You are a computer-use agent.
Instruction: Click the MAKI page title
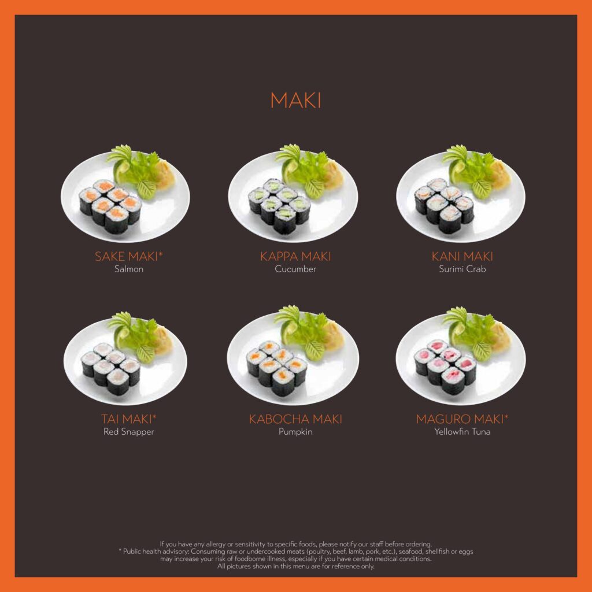295,101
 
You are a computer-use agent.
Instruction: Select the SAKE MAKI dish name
126,256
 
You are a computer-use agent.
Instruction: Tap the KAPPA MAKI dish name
295,256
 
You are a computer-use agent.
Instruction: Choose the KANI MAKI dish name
462,256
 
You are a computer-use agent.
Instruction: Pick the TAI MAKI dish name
127,419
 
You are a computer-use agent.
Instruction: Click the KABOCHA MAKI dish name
295,419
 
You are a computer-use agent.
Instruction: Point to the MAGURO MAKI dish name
460,419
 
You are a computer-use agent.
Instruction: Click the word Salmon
129,269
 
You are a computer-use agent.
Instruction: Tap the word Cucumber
295,269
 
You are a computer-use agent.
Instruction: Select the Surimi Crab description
462,269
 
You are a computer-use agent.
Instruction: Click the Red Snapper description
129,432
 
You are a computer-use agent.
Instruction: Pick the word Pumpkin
295,432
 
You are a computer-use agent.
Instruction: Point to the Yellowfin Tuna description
462,431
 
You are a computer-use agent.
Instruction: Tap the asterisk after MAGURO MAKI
506,416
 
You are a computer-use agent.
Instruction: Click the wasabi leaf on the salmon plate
146,189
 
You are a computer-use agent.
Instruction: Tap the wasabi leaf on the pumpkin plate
314,350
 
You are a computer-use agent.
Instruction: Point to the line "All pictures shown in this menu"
295,566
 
